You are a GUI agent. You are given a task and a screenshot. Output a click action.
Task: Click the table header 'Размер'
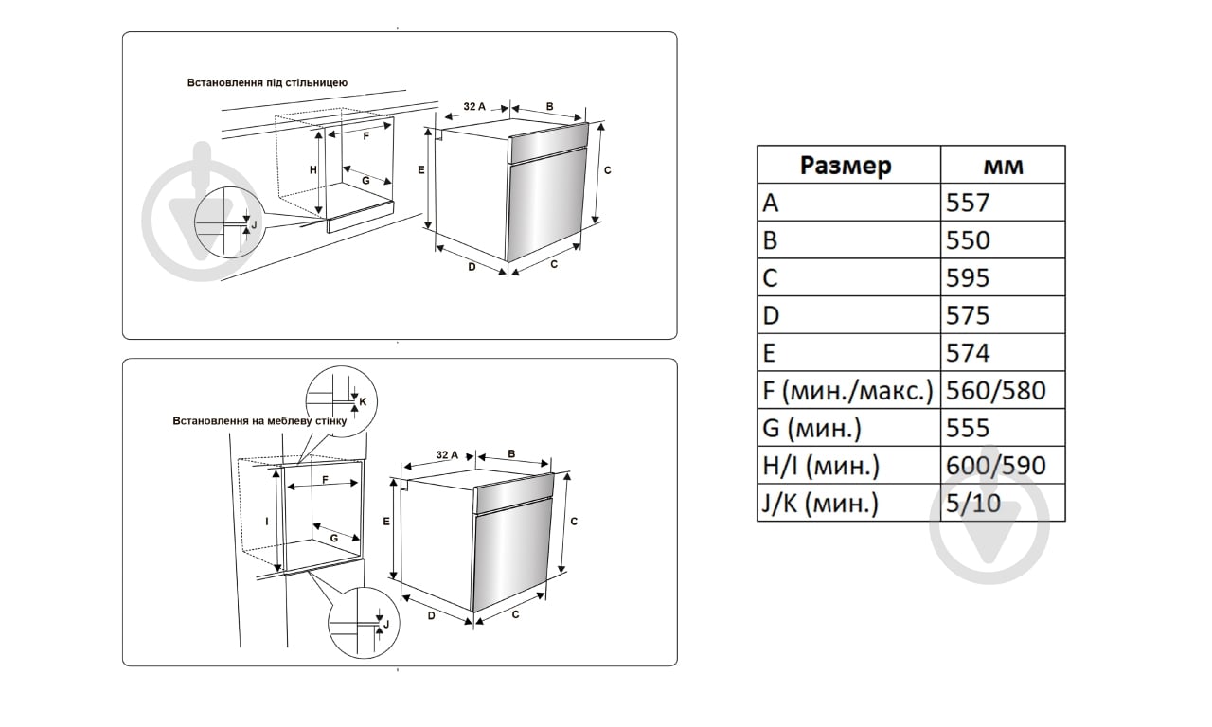pyautogui.click(x=846, y=165)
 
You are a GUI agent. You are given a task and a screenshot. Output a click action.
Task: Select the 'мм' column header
pyautogui.click(x=1003, y=166)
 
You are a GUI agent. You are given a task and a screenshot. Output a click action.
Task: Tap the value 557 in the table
pyautogui.click(x=968, y=203)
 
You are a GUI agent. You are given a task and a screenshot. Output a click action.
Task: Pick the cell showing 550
pyautogui.click(x=968, y=240)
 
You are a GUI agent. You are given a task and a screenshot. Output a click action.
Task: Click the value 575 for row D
pyautogui.click(x=968, y=315)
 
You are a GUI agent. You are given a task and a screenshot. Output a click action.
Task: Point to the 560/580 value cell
pyautogui.click(x=995, y=391)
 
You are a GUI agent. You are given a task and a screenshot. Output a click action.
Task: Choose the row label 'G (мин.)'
pyautogui.click(x=811, y=429)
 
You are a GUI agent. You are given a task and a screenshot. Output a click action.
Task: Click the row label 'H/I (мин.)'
pyautogui.click(x=821, y=466)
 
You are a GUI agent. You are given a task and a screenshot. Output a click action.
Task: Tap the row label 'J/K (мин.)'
pyautogui.click(x=820, y=504)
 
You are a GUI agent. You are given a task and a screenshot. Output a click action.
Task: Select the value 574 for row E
pyautogui.click(x=968, y=353)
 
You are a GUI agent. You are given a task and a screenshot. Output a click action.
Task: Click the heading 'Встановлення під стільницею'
pyautogui.click(x=267, y=82)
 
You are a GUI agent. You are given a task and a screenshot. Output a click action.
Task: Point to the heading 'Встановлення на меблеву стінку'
pyautogui.click(x=259, y=421)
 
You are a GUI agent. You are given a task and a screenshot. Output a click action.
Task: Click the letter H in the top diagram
pyautogui.click(x=312, y=169)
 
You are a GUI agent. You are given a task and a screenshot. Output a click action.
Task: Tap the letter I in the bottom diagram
pyautogui.click(x=267, y=522)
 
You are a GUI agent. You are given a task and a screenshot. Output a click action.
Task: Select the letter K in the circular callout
pyautogui.click(x=363, y=402)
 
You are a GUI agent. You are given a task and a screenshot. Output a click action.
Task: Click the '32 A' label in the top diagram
pyautogui.click(x=474, y=107)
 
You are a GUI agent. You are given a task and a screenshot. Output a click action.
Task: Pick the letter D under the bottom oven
pyautogui.click(x=431, y=615)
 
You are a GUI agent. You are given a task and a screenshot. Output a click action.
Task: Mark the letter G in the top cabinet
pyautogui.click(x=365, y=180)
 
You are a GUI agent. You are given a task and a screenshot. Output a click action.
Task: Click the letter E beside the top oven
pyautogui.click(x=421, y=169)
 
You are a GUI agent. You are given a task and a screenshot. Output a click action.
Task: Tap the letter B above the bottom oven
pyautogui.click(x=512, y=453)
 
